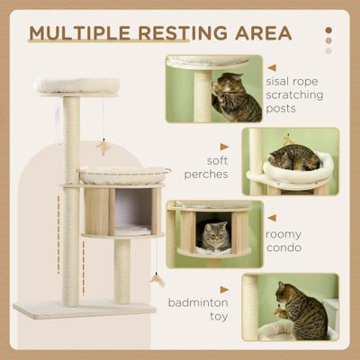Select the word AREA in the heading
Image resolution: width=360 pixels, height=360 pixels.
click(262, 33)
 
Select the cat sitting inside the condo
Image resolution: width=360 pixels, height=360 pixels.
click(213, 238)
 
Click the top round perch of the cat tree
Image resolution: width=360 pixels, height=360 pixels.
click(76, 85)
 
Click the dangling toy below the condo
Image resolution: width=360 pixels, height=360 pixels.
click(159, 280)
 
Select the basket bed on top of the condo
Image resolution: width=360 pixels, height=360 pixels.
click(124, 174)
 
